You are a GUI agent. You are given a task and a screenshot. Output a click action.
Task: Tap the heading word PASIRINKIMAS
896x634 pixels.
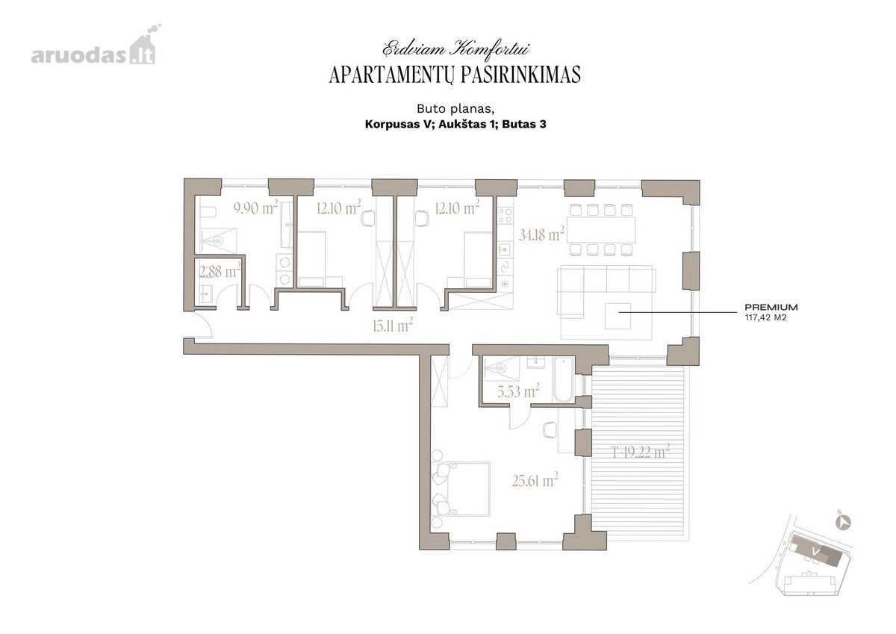(520, 75)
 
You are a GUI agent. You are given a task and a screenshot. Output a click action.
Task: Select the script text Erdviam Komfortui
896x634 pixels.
(455, 49)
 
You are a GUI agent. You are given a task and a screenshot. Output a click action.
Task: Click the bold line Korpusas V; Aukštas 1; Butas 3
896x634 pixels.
(455, 124)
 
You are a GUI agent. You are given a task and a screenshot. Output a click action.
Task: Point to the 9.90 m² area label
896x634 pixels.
(255, 208)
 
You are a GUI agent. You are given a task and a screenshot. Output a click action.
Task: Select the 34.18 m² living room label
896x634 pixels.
(541, 234)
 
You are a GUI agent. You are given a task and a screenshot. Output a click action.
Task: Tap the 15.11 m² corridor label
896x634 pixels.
(393, 326)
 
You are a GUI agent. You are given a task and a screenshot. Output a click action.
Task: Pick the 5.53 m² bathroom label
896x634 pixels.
(518, 391)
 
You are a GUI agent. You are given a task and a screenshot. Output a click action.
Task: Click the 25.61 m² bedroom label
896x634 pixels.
(535, 480)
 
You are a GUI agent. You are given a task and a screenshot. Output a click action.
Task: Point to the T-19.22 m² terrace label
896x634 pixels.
(641, 452)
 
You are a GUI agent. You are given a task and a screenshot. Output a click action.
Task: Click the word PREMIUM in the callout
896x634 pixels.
(771, 307)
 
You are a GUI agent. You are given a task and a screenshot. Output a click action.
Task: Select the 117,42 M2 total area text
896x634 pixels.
(765, 318)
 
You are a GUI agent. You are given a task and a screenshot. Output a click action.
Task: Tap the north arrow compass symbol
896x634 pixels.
(844, 523)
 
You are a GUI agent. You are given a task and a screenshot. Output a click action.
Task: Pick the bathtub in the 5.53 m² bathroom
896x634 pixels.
(564, 379)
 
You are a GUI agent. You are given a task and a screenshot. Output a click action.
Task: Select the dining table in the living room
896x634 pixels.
(601, 229)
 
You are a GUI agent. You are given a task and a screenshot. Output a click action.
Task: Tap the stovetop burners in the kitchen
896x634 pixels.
(505, 215)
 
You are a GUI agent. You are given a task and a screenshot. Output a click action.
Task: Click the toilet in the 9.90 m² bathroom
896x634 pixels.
(208, 211)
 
